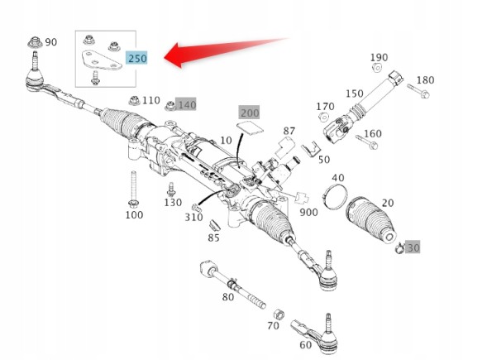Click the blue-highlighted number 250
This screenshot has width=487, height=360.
coord(137,58)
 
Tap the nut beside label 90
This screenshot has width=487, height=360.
coord(35,42)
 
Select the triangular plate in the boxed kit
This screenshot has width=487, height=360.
coord(101,60)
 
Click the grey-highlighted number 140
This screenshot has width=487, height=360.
coord(186,105)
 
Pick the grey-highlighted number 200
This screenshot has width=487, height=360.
coord(249,113)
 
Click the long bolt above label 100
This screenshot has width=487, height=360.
coord(134,190)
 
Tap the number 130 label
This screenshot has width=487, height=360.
coord(173,203)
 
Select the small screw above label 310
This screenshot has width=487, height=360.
coord(196,208)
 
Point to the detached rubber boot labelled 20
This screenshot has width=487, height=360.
coord(370,219)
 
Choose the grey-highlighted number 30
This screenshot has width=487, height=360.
coord(413,247)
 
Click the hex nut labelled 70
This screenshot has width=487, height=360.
coord(279,314)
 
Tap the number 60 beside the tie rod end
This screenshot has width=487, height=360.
coord(306,345)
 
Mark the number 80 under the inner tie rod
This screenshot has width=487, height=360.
coord(228,297)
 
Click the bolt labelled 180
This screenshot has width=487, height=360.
coord(418,90)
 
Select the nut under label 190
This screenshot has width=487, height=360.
coord(377,67)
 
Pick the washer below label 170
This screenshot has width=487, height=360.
coord(323,117)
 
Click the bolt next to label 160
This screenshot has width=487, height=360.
coord(367,142)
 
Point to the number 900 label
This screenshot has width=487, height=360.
coord(308,213)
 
